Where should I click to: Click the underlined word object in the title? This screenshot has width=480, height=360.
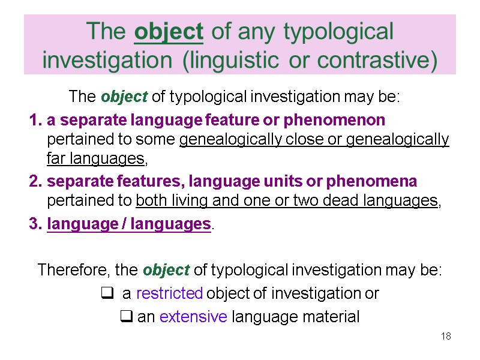coord(169,32)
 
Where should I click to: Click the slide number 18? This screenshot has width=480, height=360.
coord(446,336)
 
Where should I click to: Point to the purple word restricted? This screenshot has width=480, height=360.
coord(170,293)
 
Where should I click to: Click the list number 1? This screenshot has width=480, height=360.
coord(34,120)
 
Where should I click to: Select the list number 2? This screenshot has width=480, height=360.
coord(34,181)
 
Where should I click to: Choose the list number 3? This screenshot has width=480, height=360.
coord(34,224)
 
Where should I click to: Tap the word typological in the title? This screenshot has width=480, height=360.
coord(334,32)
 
